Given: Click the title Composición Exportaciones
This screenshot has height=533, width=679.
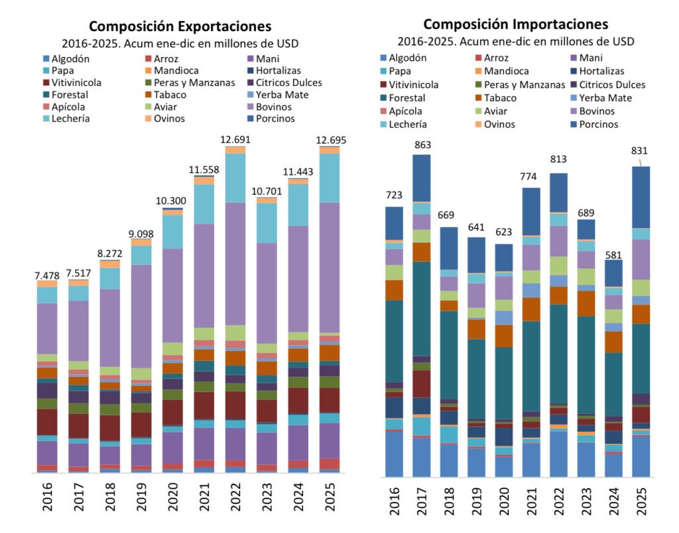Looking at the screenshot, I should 180,27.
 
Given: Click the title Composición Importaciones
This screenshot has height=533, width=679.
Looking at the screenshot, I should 515,24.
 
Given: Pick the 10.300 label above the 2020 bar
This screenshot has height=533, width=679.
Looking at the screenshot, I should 172,201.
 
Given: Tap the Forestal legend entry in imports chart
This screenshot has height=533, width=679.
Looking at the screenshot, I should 408,97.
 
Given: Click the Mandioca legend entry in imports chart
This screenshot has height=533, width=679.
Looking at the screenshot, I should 506,71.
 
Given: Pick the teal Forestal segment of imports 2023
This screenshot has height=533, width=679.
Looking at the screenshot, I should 586,364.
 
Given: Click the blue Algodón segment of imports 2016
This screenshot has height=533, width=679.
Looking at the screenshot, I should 394,454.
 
